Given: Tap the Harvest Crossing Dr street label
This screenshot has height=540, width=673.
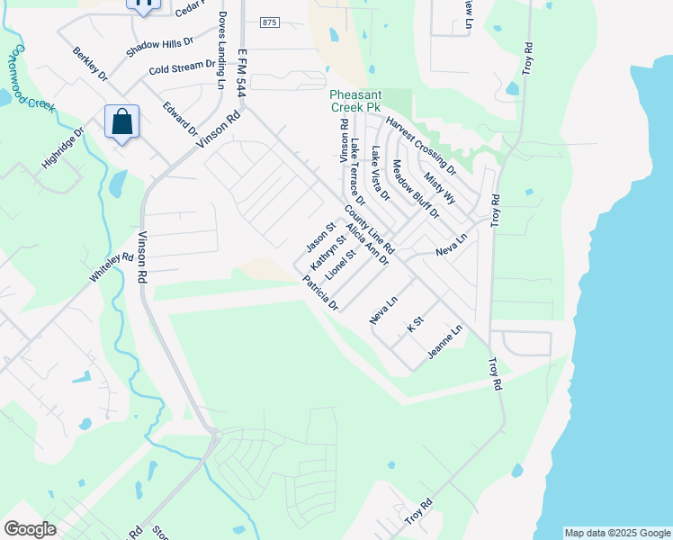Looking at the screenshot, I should pos(421,146).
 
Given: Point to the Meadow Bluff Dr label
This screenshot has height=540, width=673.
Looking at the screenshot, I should pos(416,189).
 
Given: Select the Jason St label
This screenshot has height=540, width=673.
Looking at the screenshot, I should pos(319,238).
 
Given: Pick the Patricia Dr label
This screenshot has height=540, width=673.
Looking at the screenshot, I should pos(320,293).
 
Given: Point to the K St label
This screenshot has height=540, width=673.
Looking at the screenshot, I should pos(415,325).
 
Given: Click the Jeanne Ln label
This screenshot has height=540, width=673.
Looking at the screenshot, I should pos(444,343).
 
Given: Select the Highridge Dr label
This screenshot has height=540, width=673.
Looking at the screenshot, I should pos(63,148).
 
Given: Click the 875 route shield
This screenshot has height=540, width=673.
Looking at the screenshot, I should pos(268,22).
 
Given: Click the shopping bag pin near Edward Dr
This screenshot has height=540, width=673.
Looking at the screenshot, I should pos(122,122).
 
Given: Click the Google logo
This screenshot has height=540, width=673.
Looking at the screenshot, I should pos(30,529).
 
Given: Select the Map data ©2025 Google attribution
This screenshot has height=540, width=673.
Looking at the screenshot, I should pos(617,533).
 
